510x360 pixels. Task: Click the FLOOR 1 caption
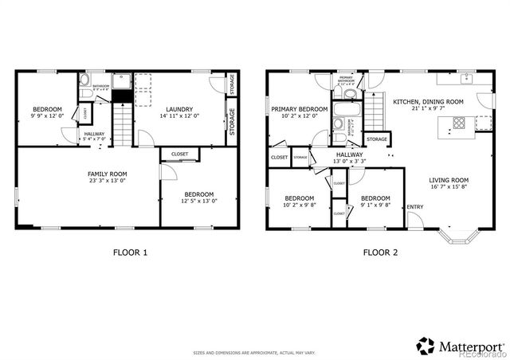coord(131,252)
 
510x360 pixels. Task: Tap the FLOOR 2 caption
coord(381,252)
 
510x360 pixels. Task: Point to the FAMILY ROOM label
coord(107,173)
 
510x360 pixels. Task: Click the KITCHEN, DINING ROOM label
coord(427,102)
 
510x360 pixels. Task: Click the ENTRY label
coord(415,208)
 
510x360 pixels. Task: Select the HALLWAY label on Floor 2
coord(349,155)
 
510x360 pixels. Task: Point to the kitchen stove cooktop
coord(459,123)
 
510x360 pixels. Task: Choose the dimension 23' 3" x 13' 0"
coord(107,180)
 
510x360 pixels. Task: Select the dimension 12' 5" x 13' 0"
coord(199,201)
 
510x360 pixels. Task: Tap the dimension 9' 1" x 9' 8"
coord(375,205)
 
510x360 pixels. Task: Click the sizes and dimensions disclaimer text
coord(254,351)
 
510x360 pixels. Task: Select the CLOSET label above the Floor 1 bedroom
coord(179,154)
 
